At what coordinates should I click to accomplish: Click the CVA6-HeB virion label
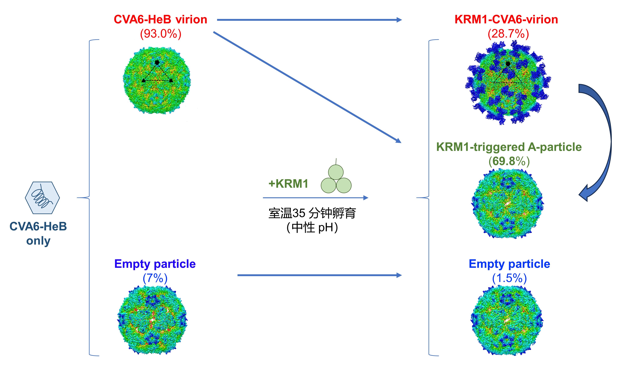click(x=160, y=20)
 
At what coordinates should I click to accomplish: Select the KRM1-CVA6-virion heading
click(x=506, y=20)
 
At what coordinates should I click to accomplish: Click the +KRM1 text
click(x=288, y=184)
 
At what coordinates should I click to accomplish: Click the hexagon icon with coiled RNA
click(x=42, y=198)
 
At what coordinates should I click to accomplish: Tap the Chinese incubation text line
click(x=312, y=213)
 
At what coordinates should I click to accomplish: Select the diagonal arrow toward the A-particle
click(x=307, y=87)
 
